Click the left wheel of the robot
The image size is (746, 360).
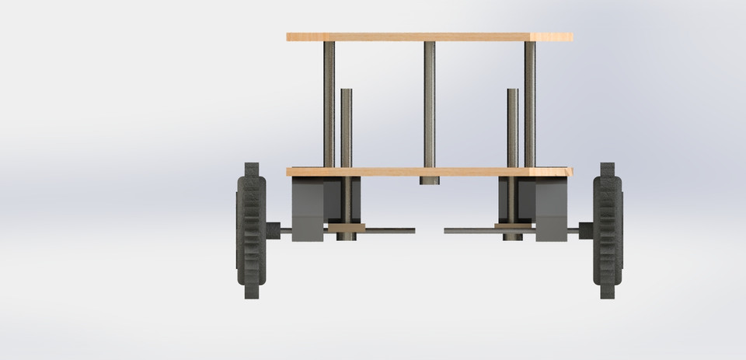[251, 231]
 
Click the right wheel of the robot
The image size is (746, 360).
[608, 231]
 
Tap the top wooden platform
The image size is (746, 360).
[429, 37]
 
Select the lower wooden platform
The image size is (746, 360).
[429, 171]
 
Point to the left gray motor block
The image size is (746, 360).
[309, 208]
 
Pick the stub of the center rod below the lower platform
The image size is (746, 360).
[430, 180]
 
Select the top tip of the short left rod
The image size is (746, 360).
[346, 93]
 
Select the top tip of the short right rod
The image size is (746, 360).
[512, 93]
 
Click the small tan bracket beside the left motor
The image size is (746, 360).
[346, 228]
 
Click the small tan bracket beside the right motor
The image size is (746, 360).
[512, 228]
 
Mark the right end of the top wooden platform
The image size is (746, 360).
[569, 37]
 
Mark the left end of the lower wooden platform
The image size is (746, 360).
[290, 171]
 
